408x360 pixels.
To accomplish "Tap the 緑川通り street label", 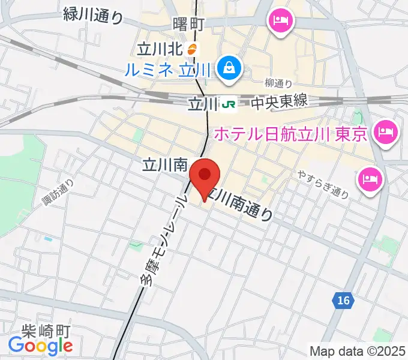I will point(93,15).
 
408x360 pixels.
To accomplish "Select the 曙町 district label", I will point(188,25).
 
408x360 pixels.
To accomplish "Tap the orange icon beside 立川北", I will point(192,49).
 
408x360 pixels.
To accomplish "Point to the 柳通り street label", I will point(278,83).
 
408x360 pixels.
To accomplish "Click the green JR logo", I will point(229,104).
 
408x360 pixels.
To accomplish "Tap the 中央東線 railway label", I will point(279,102).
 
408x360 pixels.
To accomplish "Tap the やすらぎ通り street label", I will point(323,184).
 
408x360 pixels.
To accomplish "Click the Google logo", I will point(40,346).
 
